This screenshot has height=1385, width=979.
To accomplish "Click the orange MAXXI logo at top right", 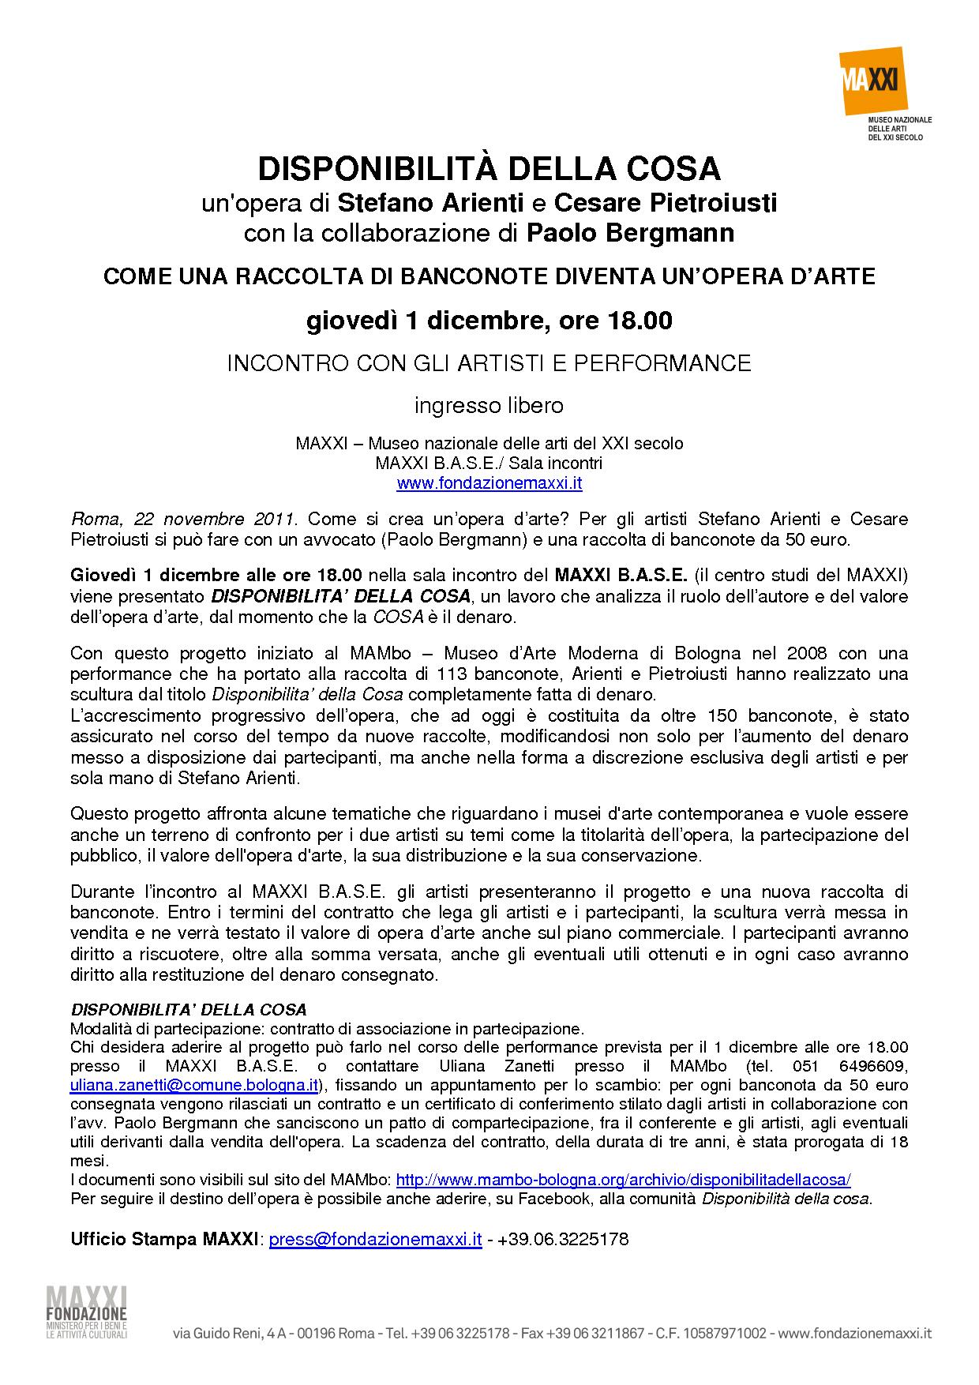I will [872, 81].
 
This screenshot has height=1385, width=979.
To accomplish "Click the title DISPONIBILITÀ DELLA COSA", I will [489, 169].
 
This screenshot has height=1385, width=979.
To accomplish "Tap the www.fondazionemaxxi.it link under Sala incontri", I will [489, 483].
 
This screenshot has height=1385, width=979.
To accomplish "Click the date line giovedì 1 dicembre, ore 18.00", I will [489, 321].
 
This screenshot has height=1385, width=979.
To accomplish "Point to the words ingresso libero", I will [489, 406].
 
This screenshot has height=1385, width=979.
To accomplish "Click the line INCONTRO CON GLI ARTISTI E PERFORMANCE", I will [489, 363].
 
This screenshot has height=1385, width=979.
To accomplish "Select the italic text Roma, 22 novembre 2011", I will [183, 520].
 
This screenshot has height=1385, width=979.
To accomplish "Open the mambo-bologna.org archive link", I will [623, 1180].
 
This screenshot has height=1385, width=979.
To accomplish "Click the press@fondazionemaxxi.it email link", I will [375, 1239].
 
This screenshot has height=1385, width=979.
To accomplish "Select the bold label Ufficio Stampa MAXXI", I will [165, 1239].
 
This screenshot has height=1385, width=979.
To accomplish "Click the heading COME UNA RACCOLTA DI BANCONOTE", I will [489, 276].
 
